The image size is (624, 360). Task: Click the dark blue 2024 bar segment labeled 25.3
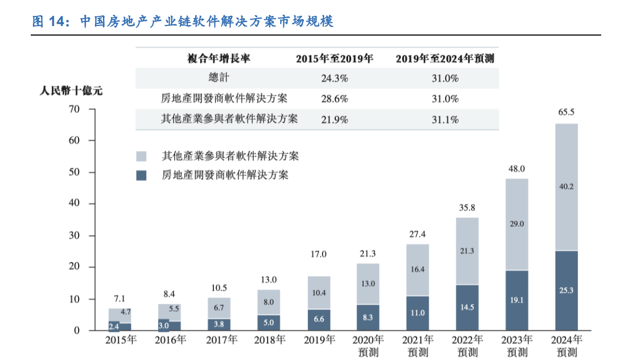point(566,290)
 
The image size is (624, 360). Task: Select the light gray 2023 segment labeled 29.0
point(516,224)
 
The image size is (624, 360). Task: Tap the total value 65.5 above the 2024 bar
point(566,112)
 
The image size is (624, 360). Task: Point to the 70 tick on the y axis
point(73,109)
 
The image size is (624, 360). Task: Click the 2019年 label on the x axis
point(319,340)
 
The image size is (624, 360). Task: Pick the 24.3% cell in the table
point(334,79)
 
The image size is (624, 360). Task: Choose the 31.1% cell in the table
point(445,120)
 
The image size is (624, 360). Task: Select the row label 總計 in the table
point(219,78)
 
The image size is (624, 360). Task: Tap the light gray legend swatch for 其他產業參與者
point(141,157)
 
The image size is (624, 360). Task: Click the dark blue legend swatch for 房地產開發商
point(141,175)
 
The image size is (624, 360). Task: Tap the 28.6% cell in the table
point(334,99)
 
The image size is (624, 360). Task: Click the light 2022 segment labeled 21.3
point(467,251)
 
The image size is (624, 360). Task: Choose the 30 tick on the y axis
point(73,236)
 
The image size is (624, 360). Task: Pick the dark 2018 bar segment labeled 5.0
point(269,322)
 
